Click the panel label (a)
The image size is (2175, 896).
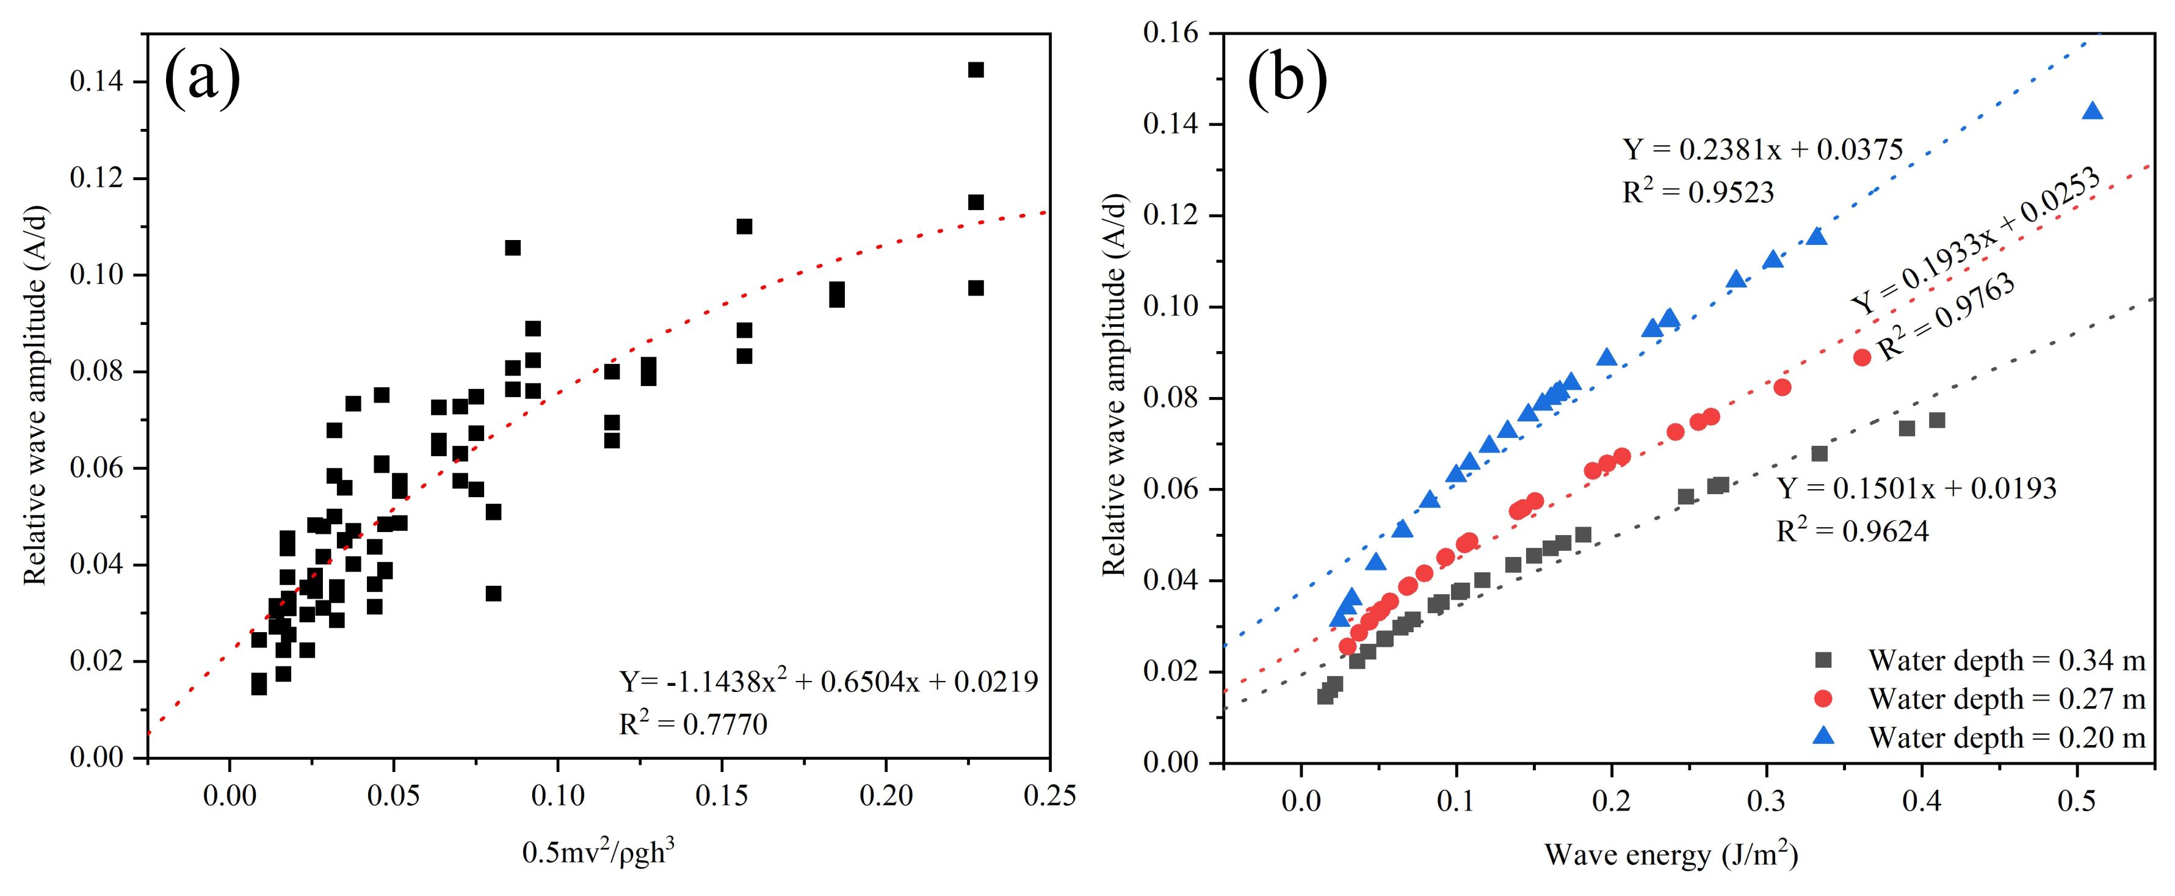pos(202,79)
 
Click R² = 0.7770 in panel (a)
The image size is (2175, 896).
pos(693,724)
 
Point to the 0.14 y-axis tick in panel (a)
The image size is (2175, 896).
pos(96,82)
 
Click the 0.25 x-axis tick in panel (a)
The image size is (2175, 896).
pos(1049,795)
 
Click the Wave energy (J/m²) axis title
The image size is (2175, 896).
pos(1671,854)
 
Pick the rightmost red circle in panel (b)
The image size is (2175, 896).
pos(1862,357)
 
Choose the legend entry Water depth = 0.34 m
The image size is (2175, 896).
pos(2006,660)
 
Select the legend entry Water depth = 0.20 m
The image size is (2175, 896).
pos(2006,737)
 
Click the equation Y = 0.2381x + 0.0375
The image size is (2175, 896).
pos(1762,150)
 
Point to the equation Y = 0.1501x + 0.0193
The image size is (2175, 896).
pos(1917,488)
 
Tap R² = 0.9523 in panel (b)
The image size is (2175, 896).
pos(1698,192)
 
